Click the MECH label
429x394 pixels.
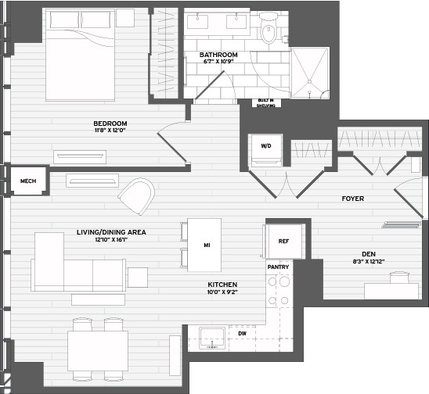[x=28, y=181]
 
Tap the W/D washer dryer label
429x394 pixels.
[x=266, y=146]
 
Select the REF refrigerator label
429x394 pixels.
[x=283, y=242]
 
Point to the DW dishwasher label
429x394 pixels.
[x=242, y=333]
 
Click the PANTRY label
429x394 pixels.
[x=278, y=267]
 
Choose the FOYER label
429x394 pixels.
[x=353, y=199]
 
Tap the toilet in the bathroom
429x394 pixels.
[x=268, y=28]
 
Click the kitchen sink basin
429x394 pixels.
[x=213, y=338]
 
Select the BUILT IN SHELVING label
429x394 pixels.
[x=266, y=102]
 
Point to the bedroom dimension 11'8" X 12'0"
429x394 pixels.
[x=110, y=131]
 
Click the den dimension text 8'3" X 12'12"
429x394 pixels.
[x=369, y=261]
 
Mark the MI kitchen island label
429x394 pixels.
[x=207, y=245]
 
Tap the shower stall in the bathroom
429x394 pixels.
[x=310, y=73]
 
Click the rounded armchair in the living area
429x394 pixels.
[x=136, y=196]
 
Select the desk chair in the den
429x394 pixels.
[x=399, y=278]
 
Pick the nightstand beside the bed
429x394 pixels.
[x=125, y=18]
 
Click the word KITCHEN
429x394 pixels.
[x=222, y=285]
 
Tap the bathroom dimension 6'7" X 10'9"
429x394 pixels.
[x=218, y=62]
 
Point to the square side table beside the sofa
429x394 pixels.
[x=138, y=278]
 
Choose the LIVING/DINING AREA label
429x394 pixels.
[x=111, y=232]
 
